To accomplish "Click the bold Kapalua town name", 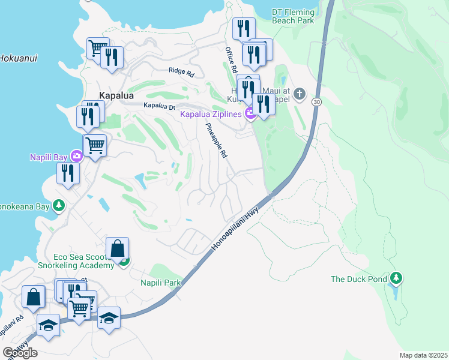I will point(116,95).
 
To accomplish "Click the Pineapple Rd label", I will point(217,141).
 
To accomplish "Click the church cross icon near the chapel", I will point(300,94).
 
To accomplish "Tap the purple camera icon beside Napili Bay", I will point(76,157).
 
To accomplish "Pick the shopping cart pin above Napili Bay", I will point(95,145).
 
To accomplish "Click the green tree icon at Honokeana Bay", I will point(58,206).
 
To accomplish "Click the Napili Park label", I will point(161,282).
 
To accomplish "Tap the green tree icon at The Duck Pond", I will point(396,278).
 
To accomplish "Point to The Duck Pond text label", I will point(357,279).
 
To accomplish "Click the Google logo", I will point(20,352).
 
